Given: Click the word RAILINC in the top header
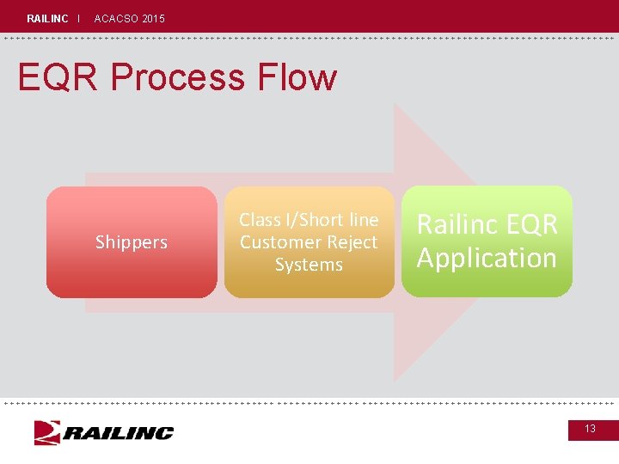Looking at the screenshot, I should point(47,18).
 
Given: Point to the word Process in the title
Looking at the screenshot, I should point(177,77).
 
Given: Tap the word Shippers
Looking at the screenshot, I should point(132,242).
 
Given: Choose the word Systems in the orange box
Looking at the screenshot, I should point(309,265).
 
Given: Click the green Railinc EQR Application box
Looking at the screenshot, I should point(487,284).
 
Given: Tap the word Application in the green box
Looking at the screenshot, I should point(487,258).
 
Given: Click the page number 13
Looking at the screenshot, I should point(591,428).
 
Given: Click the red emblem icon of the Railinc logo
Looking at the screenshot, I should point(46,432).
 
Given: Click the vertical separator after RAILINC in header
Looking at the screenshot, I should point(78,18).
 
